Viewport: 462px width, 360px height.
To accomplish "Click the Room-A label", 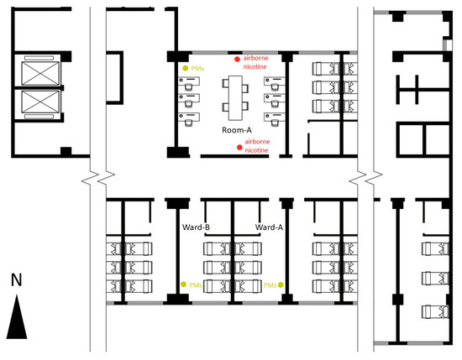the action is [x=237, y=130].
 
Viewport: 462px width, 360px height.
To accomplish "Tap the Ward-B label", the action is [x=196, y=227].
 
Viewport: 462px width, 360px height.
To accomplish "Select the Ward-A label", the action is [x=269, y=227].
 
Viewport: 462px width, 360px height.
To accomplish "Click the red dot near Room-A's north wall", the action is [x=237, y=60].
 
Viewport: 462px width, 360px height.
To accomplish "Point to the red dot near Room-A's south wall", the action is [x=239, y=147].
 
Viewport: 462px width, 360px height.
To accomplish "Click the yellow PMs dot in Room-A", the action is [x=185, y=68].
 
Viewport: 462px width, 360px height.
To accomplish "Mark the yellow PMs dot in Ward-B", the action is [x=184, y=284].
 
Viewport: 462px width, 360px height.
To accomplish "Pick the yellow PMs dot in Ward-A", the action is [x=281, y=284].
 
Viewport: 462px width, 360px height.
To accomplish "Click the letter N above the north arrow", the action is [x=17, y=279].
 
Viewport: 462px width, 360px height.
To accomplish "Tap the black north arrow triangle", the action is [x=17, y=320].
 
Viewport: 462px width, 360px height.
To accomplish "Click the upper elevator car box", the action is [x=40, y=73].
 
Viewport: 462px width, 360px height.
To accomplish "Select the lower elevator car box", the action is [x=40, y=102].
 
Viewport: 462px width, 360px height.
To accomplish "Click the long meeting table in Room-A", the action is [x=235, y=98].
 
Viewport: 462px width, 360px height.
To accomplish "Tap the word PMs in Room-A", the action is [x=197, y=69].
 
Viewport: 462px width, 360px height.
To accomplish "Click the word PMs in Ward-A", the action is [x=270, y=285].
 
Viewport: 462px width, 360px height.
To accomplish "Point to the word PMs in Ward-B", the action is [x=196, y=285].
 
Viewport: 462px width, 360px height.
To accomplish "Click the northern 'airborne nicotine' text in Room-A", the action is [x=255, y=62].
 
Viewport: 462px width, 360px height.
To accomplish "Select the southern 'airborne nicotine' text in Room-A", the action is [x=257, y=146].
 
